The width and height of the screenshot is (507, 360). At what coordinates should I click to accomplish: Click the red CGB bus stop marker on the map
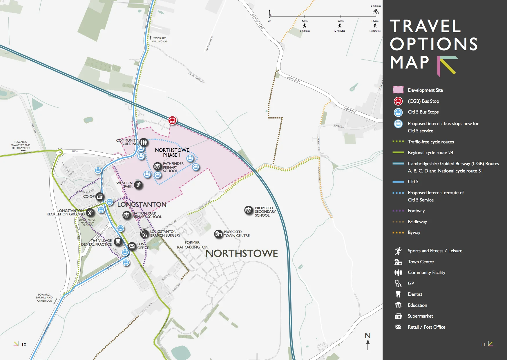pyautogui.click(x=172, y=120)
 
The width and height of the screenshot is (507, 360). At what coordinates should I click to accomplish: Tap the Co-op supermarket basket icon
pyautogui.click(x=99, y=197)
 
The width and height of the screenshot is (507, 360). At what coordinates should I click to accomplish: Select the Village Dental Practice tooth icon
pyautogui.click(x=117, y=241)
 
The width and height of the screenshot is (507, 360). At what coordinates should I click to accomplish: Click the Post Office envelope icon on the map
pyautogui.click(x=132, y=246)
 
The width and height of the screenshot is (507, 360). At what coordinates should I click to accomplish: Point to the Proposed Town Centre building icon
pyautogui.click(x=218, y=233)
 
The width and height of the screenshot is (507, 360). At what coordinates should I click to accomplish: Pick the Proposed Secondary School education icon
pyautogui.click(x=249, y=210)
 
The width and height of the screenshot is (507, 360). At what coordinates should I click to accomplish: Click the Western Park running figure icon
pyautogui.click(x=138, y=185)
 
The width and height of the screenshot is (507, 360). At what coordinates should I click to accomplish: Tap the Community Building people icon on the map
pyautogui.click(x=143, y=142)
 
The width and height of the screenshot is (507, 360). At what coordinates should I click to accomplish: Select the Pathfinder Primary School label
pyautogui.click(x=173, y=167)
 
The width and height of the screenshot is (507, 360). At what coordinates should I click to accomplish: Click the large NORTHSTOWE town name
pyautogui.click(x=242, y=253)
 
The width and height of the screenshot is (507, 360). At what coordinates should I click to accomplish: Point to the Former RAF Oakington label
pyautogui.click(x=192, y=245)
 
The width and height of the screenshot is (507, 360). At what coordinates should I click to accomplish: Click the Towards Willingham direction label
pyautogui.click(x=160, y=40)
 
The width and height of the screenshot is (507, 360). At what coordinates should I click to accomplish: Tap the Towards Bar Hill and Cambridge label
pyautogui.click(x=44, y=298)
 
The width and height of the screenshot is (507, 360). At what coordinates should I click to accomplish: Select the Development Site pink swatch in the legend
pyautogui.click(x=398, y=90)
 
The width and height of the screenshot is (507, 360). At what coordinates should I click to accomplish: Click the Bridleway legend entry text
pyautogui.click(x=417, y=222)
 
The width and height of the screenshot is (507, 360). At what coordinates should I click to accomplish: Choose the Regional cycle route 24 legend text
pyautogui.click(x=430, y=152)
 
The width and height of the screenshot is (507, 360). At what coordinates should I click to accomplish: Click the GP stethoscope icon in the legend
pyautogui.click(x=398, y=283)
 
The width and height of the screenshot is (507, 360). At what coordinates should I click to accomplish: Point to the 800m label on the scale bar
pyautogui.click(x=341, y=21)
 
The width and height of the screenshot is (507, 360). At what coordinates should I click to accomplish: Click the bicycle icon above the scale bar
pyautogui.click(x=376, y=12)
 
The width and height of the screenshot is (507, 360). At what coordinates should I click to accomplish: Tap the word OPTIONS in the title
pyautogui.click(x=433, y=44)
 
